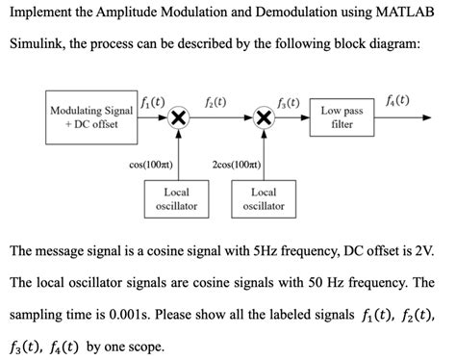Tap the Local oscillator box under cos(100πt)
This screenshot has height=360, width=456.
pyautogui.click(x=176, y=199)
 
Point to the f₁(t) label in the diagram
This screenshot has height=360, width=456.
pyautogui.click(x=152, y=99)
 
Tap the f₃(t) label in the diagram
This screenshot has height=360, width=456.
pyautogui.click(x=288, y=101)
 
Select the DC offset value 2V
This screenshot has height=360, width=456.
pyautogui.click(x=427, y=251)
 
